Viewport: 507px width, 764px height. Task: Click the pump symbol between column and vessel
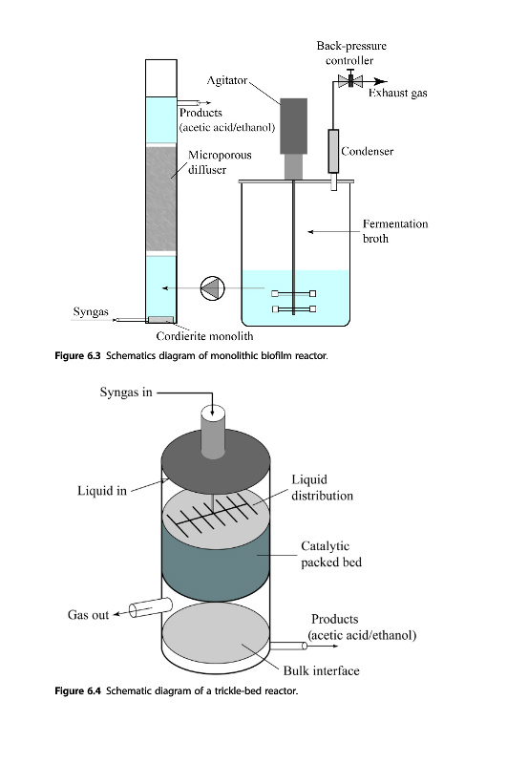tap(213, 288)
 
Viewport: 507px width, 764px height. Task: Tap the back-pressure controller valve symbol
tap(350, 81)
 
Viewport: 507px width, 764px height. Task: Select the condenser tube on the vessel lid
tap(333, 151)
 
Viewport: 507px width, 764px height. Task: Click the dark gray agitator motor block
tap(294, 126)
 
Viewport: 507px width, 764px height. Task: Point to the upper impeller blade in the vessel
tap(294, 293)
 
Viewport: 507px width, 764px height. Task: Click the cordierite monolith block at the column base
tap(160, 320)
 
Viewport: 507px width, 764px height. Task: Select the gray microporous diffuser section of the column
tap(161, 199)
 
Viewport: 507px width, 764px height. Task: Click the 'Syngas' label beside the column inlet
tap(91, 312)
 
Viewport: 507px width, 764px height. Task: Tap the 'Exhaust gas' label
tap(397, 93)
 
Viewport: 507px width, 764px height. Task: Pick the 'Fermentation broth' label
tap(395, 231)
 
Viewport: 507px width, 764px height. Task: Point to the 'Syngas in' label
tap(126, 393)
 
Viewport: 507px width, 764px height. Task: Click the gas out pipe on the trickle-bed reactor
tap(151, 607)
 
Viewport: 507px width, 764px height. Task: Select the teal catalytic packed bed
tap(215, 561)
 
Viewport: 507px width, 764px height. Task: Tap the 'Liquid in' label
tap(102, 490)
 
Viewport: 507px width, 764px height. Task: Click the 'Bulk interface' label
tap(322, 671)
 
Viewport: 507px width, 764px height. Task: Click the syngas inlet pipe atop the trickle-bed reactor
tap(213, 433)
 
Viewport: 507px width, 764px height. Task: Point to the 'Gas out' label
tap(88, 615)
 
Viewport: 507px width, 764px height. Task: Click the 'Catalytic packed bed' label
tap(331, 554)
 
